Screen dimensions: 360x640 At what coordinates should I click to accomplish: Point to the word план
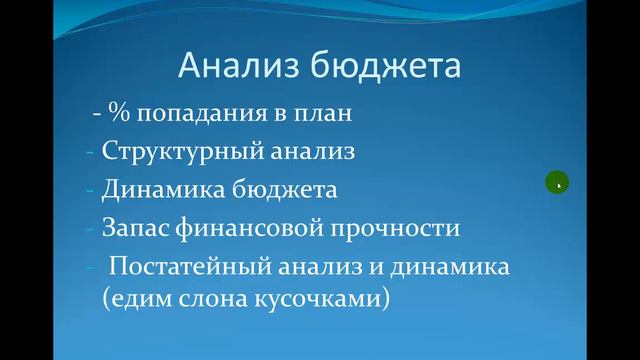coord(326,113)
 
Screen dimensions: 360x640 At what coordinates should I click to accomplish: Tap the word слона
coord(205,299)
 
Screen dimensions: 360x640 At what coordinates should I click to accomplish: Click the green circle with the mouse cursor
coord(557,182)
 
